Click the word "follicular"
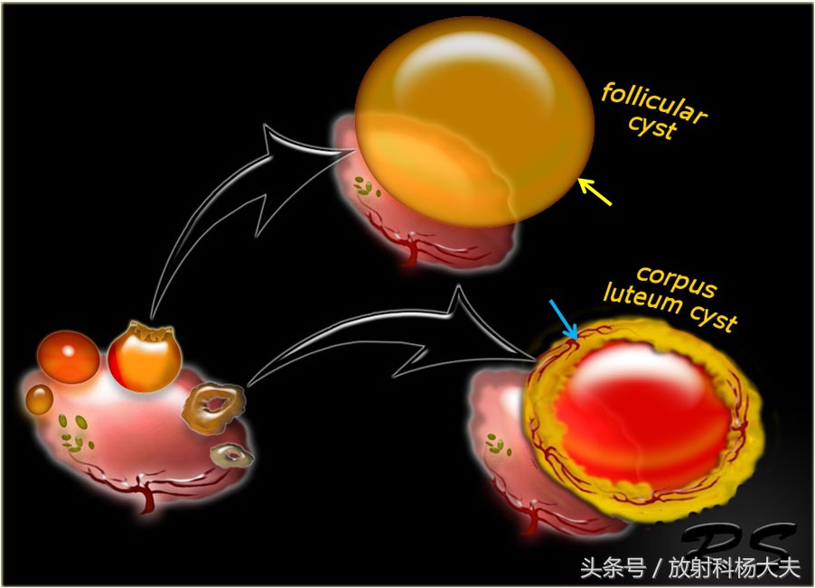pos(655,104)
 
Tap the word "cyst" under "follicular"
pos(652,128)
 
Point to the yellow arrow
pos(595,191)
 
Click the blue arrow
pos(563,322)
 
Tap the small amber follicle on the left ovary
pos(39,398)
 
